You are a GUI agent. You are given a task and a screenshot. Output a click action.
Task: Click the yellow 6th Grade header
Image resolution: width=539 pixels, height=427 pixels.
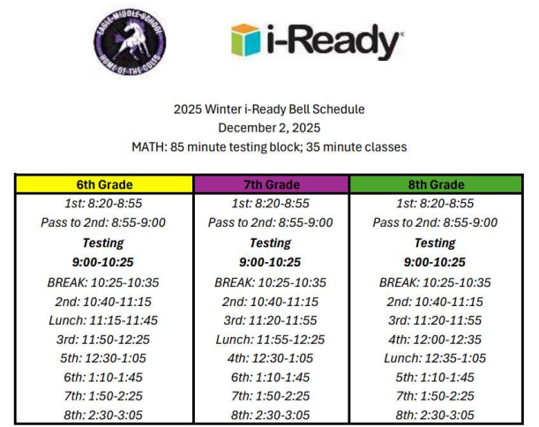point(104,184)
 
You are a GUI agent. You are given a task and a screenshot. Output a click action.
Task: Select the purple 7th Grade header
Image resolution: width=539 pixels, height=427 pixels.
point(270,184)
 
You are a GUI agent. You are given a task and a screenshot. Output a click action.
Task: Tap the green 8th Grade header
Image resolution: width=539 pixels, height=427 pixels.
point(435,184)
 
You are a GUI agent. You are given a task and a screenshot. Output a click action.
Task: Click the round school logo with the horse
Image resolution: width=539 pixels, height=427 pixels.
point(131,41)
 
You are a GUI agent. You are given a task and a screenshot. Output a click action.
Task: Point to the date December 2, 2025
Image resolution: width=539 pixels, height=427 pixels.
point(270,128)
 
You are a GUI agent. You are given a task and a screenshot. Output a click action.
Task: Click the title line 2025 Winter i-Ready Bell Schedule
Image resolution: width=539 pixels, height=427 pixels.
point(270,109)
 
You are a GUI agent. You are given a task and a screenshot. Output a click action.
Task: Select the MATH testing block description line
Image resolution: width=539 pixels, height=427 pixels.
point(270,146)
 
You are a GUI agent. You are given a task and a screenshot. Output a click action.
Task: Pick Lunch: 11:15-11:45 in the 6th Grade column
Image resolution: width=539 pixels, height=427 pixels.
point(104,320)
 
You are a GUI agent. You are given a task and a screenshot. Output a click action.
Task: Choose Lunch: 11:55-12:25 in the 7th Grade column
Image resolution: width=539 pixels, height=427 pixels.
point(270,339)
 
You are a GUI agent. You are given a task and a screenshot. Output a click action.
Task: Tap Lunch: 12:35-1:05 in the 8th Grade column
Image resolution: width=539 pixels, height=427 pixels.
point(435,358)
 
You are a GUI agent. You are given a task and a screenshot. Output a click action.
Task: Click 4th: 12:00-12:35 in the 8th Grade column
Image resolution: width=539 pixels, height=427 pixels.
point(435,339)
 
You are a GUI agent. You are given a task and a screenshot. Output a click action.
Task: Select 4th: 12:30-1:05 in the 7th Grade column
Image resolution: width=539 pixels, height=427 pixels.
point(270,358)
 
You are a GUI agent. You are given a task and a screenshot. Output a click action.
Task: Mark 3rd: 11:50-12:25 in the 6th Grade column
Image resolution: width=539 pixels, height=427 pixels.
point(104,339)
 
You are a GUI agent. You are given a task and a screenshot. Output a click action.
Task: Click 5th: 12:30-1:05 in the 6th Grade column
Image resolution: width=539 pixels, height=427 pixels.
point(104,358)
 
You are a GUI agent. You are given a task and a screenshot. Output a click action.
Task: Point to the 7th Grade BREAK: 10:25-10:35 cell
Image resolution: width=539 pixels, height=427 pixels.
point(270,282)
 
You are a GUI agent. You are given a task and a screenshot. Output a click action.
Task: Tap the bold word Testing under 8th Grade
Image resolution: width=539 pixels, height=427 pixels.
point(435,243)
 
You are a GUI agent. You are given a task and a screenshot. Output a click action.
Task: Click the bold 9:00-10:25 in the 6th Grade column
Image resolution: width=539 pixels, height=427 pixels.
point(104,262)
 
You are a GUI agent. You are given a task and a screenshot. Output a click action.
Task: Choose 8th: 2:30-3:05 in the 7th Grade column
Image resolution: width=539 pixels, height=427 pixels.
point(270,415)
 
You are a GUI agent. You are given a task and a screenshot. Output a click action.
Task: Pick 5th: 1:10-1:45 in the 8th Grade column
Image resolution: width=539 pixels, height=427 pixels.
point(435,377)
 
